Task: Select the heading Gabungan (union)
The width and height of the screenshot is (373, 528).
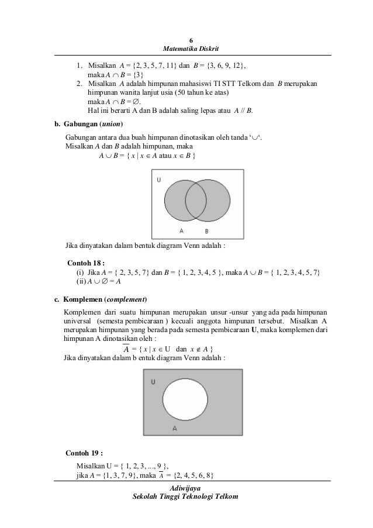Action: coord(88,125)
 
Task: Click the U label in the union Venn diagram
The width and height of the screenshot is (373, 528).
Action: coord(159,181)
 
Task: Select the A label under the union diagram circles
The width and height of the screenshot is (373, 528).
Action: coord(181,231)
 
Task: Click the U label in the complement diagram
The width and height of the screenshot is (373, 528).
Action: coord(153,382)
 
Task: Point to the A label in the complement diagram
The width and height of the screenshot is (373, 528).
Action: coord(175,429)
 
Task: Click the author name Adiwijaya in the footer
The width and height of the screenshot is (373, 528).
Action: coord(186,487)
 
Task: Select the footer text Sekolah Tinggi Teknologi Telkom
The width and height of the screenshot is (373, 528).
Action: coord(186,497)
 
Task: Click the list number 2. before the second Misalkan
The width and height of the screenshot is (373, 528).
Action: coord(78,84)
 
